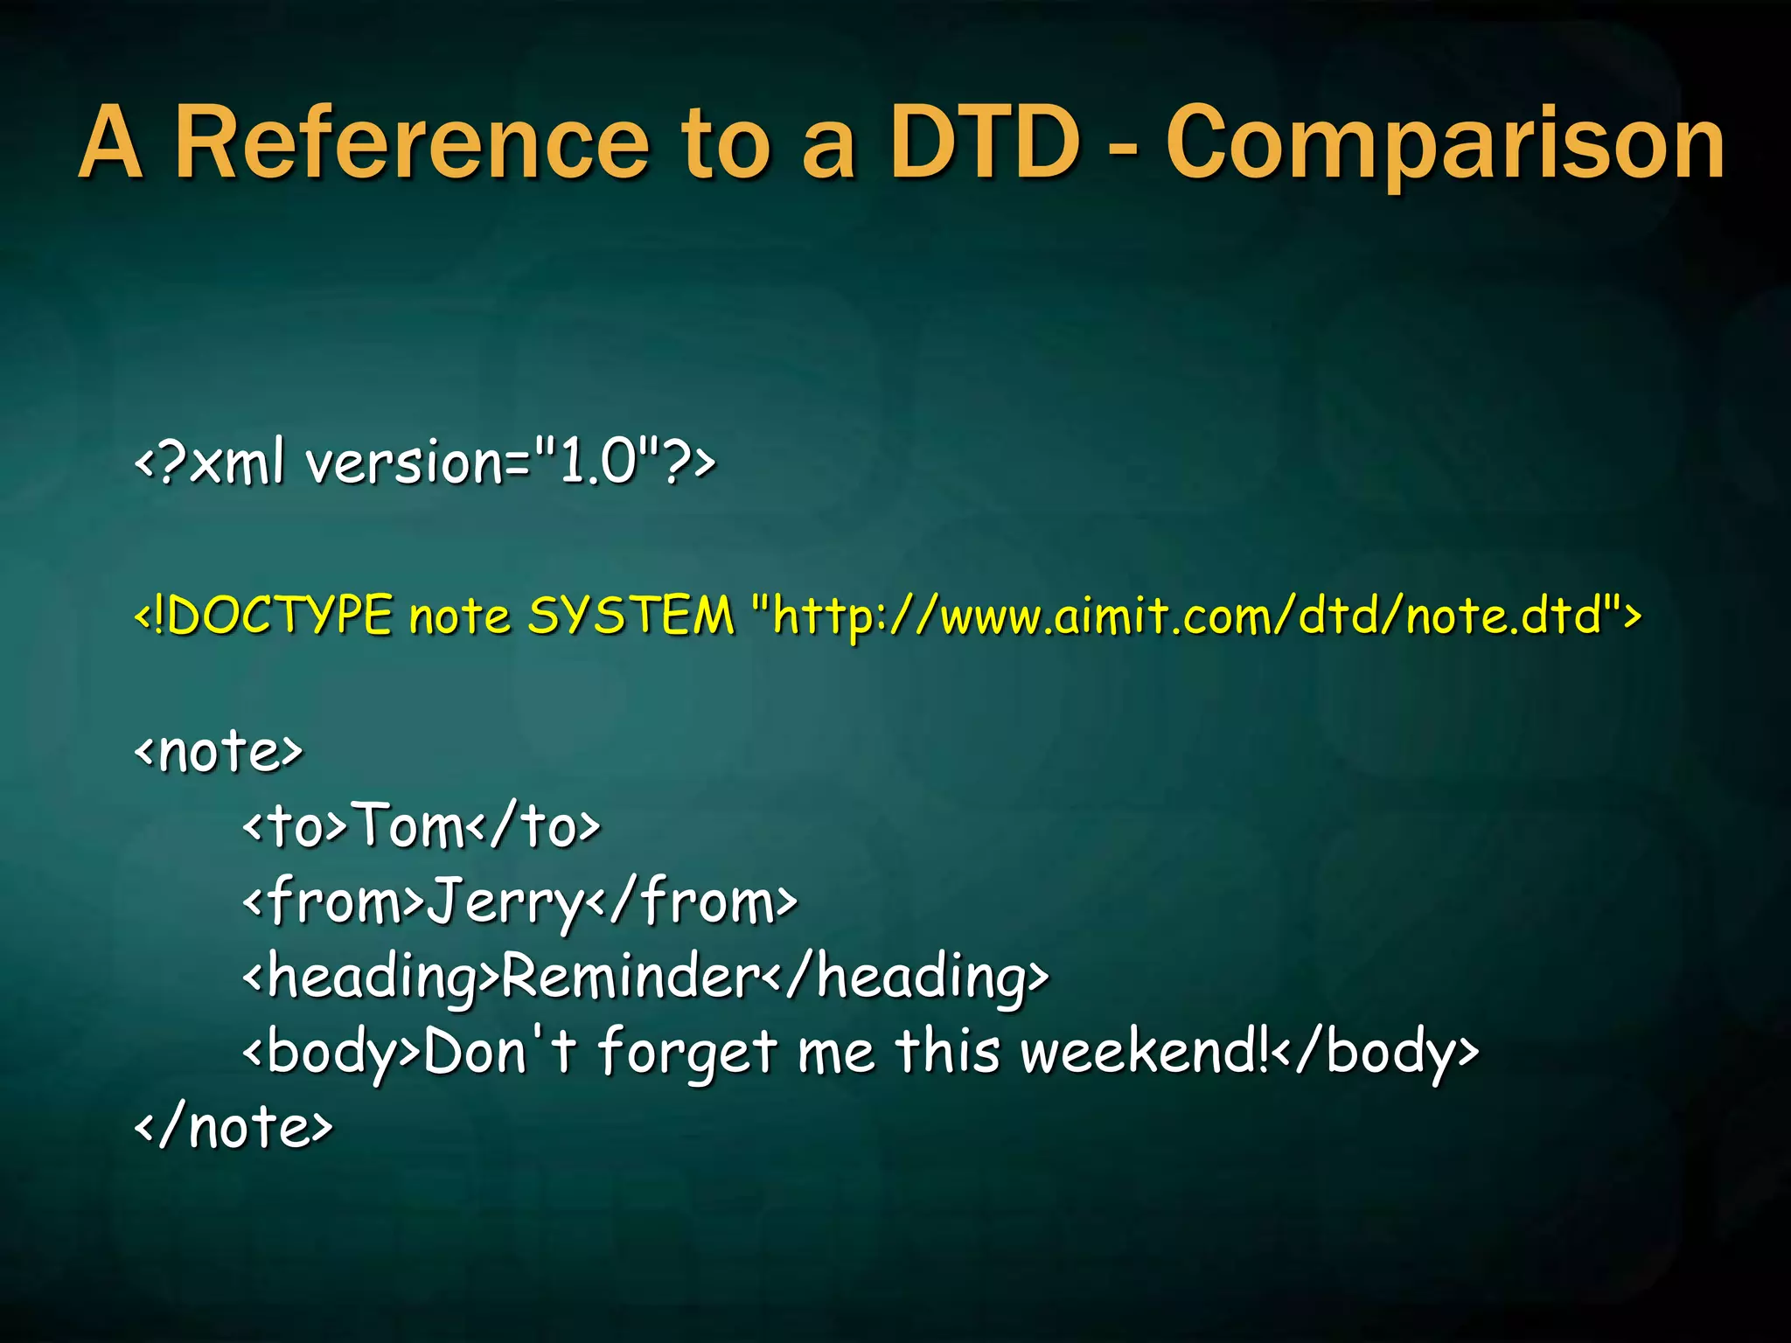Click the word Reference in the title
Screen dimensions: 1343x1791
(411, 143)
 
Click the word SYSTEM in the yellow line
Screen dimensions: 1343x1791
(631, 616)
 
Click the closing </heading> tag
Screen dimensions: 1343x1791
(906, 978)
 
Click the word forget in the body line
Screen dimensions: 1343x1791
(687, 1053)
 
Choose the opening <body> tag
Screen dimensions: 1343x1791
(332, 1053)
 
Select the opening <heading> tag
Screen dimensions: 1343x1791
(371, 978)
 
